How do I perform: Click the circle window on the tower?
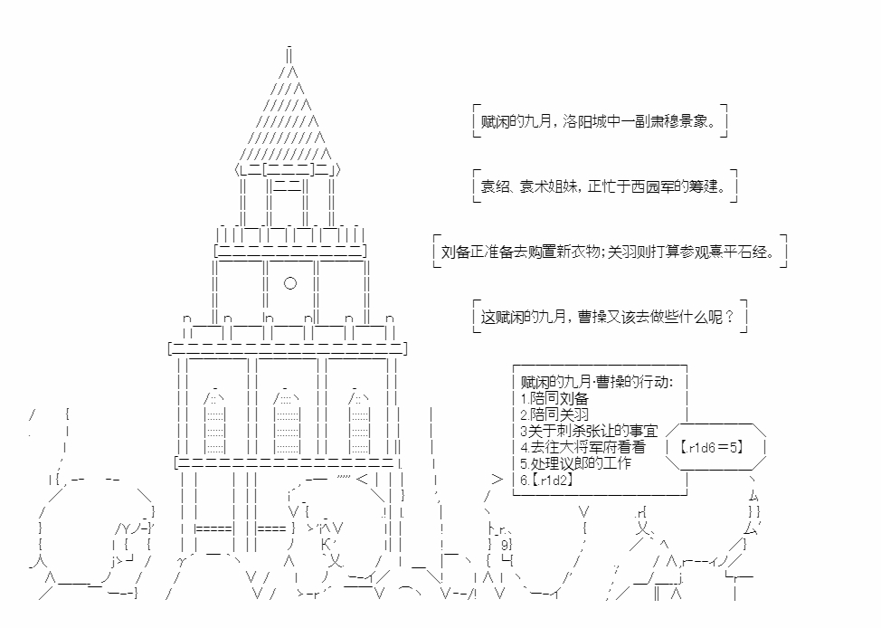[x=289, y=283]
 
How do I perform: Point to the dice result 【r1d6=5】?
[x=715, y=446]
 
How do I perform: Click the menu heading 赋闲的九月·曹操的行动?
[x=597, y=382]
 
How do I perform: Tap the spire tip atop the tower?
[x=289, y=51]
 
